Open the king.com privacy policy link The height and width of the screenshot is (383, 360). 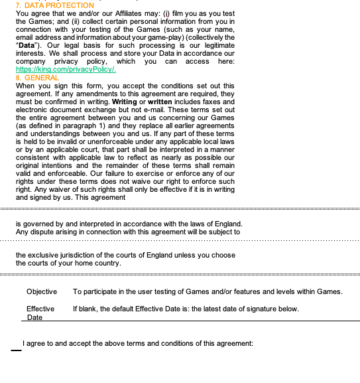[x=66, y=69]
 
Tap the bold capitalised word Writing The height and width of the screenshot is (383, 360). [x=125, y=102]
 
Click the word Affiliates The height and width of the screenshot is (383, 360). [x=119, y=13]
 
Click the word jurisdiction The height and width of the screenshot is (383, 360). [x=72, y=254]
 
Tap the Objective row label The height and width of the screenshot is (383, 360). [x=41, y=291]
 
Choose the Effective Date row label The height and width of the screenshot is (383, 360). [x=40, y=313]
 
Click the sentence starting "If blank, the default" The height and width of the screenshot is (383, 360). [x=186, y=309]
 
